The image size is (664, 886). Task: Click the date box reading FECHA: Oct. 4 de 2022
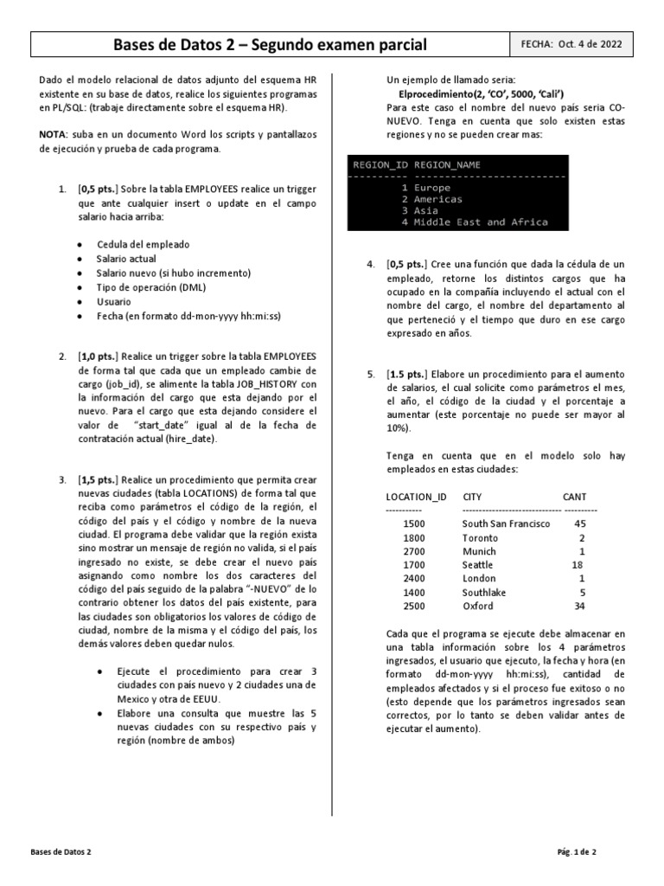click(571, 44)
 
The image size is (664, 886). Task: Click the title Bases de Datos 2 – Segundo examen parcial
click(271, 44)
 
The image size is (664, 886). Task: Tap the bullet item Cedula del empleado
click(143, 245)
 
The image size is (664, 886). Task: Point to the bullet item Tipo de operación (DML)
click(151, 287)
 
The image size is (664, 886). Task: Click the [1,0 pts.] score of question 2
click(99, 356)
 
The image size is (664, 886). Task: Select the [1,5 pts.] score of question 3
click(99, 479)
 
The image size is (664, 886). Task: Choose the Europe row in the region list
click(431, 187)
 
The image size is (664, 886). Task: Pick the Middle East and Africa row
click(481, 222)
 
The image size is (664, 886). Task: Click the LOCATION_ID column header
click(416, 497)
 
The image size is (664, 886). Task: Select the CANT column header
click(573, 497)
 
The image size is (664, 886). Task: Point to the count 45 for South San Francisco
click(579, 523)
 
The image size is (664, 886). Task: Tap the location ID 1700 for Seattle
click(413, 565)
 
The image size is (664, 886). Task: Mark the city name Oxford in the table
click(478, 607)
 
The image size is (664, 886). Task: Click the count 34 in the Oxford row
click(579, 607)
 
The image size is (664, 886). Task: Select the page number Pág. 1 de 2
click(577, 851)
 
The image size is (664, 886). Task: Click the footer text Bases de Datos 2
click(61, 851)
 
